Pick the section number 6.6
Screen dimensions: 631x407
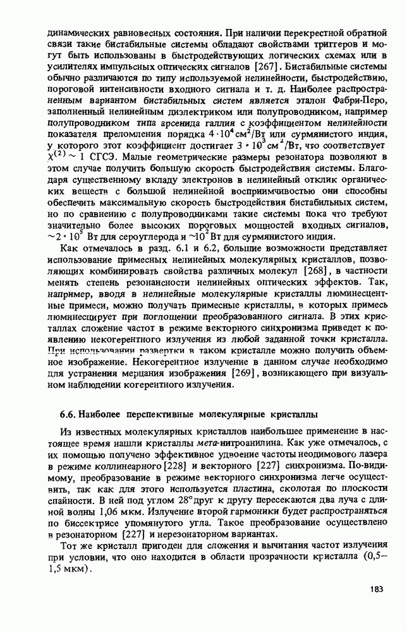point(68,414)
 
